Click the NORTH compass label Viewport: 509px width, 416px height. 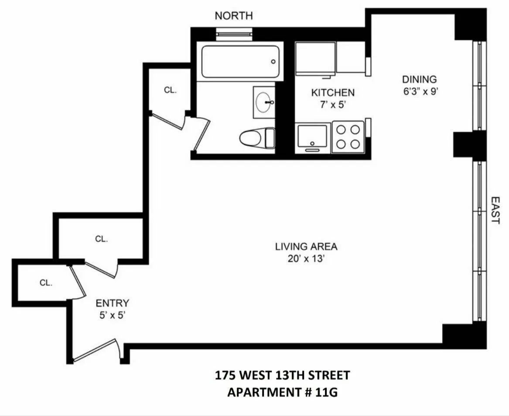click(233, 16)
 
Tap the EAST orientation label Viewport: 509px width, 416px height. click(495, 210)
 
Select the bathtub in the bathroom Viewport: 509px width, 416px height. click(240, 62)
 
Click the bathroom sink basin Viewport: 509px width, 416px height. click(264, 102)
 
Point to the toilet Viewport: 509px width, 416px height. click(256, 138)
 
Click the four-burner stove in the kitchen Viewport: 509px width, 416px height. click(348, 136)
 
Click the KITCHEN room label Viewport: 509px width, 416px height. click(332, 92)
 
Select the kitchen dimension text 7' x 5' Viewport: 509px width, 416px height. click(332, 105)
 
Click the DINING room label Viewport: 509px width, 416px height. click(419, 79)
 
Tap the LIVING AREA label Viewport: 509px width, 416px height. click(306, 246)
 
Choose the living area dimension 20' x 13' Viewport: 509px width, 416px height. click(306, 259)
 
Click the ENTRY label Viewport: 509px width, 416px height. click(112, 303)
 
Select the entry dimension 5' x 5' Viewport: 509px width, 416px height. click(112, 315)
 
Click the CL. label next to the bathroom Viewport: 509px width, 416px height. click(170, 90)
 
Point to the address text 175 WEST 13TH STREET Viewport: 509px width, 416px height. click(282, 375)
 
